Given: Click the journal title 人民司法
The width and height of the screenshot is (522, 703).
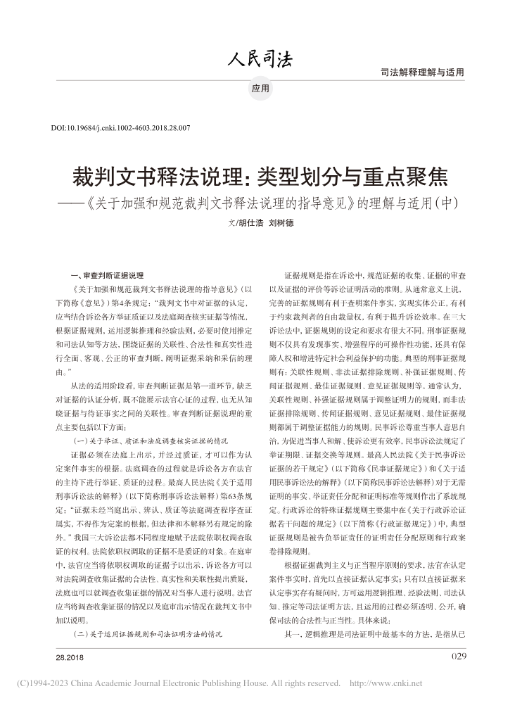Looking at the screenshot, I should (x=261, y=59).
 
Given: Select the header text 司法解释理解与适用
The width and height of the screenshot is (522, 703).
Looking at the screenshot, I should (x=422, y=73).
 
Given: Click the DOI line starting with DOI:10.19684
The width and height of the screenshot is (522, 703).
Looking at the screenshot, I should (x=122, y=129).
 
